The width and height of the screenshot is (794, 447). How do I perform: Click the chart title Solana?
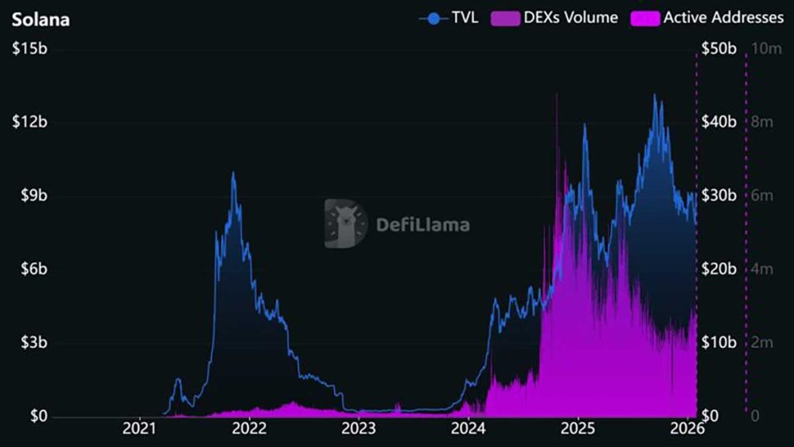coord(40,19)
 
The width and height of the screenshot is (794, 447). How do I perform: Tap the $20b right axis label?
coord(718,269)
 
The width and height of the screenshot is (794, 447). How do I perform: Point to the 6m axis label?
coord(762,196)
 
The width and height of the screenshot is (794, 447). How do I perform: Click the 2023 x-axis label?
coord(359,428)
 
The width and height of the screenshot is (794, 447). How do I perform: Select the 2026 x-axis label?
coord(686,428)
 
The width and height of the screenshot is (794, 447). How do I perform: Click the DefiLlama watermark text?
coord(423,225)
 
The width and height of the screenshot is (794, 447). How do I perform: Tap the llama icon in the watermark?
coord(344,223)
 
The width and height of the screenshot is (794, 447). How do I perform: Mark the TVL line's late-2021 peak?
coord(233,173)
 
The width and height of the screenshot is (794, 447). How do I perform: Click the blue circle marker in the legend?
coord(434,17)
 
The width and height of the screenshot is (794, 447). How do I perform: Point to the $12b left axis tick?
coord(29,123)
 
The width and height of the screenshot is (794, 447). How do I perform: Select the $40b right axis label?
coord(718,123)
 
